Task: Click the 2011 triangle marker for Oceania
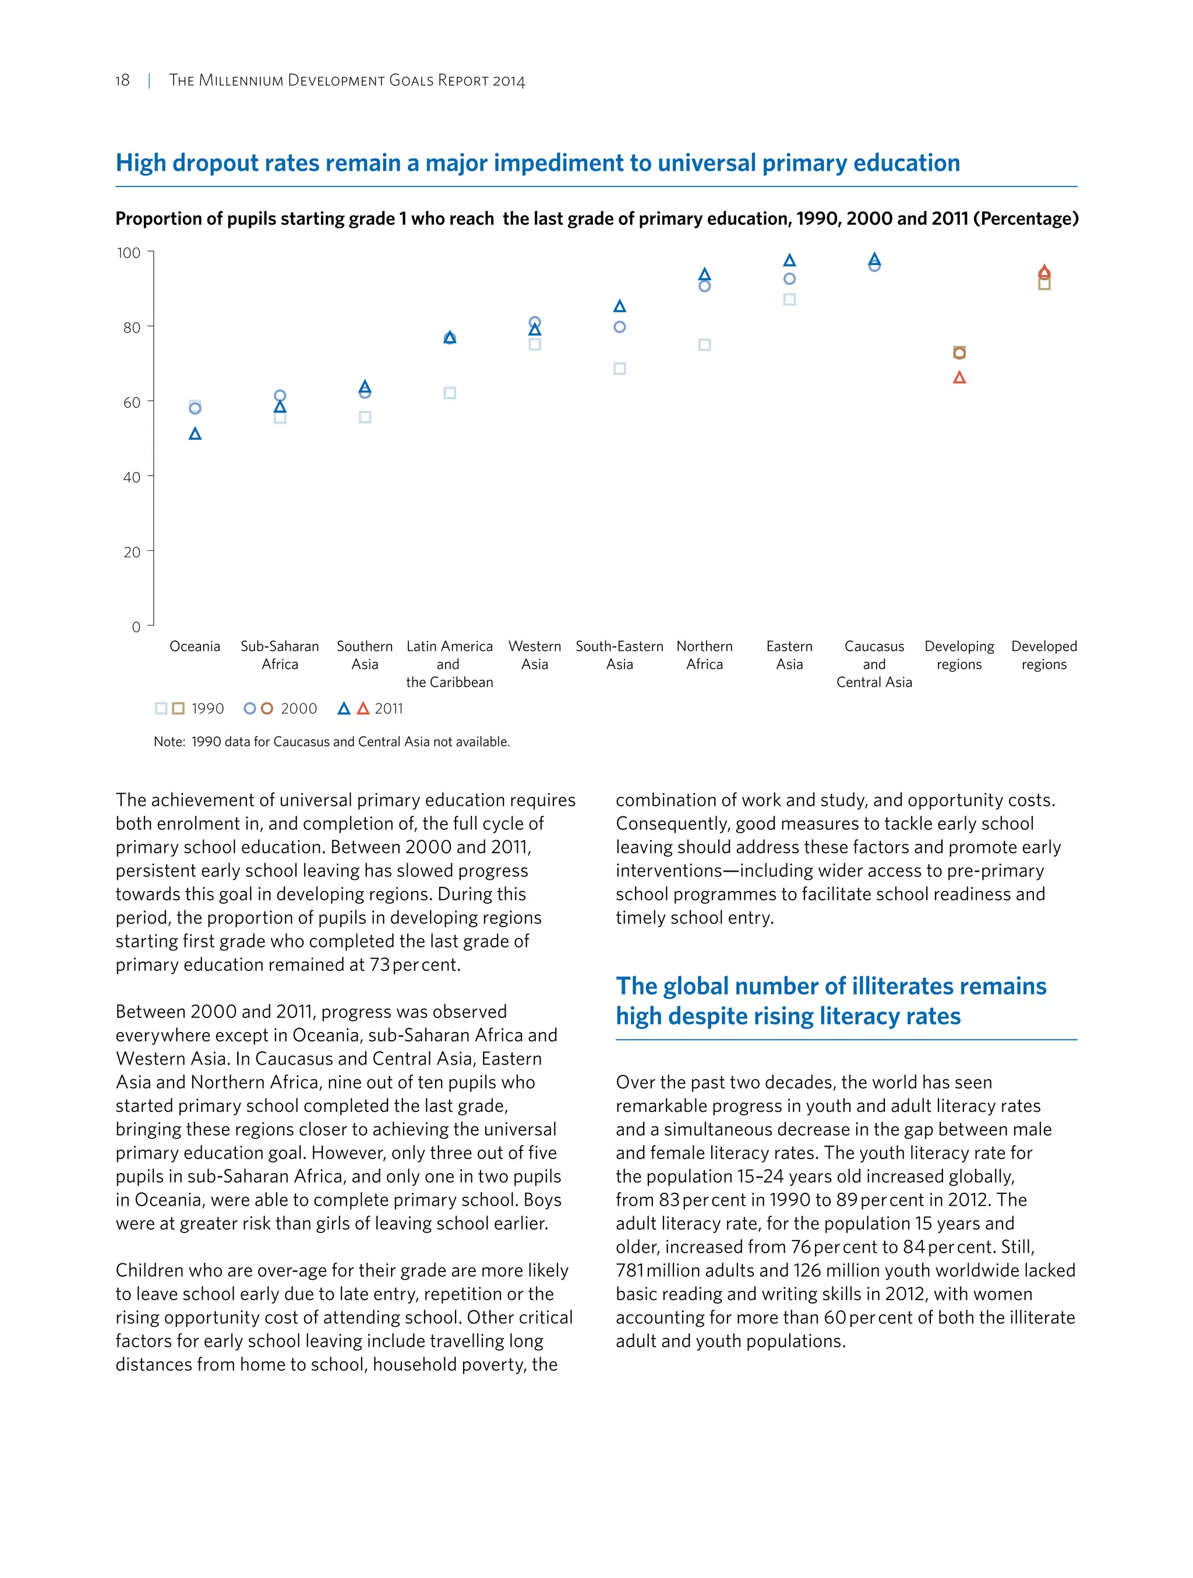195,434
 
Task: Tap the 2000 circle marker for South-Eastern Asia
620,327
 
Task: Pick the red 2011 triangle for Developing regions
959,378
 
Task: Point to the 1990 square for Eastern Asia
789,300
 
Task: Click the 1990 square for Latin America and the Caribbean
450,393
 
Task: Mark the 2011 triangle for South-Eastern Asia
620,306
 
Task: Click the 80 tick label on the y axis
132,328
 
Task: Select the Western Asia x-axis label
535,655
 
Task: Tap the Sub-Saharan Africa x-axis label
280,655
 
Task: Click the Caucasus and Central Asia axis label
874,664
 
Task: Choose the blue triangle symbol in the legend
344,709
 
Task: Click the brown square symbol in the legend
178,709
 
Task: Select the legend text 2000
299,709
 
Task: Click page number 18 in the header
123,80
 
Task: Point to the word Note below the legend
168,742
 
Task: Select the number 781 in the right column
630,1270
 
